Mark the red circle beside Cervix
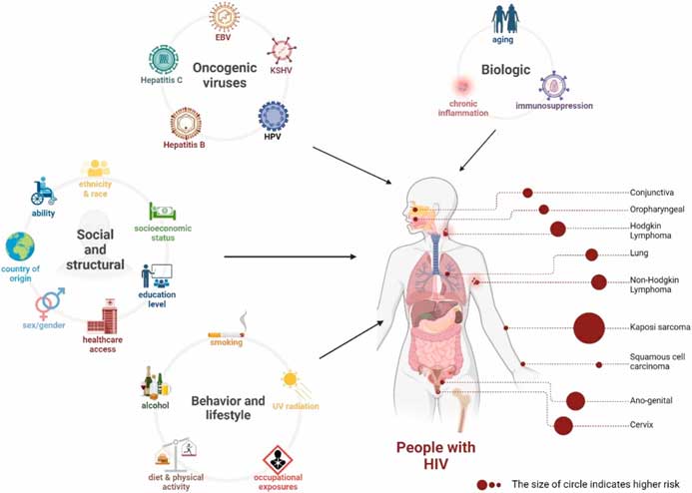563,426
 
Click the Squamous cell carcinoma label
656,361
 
